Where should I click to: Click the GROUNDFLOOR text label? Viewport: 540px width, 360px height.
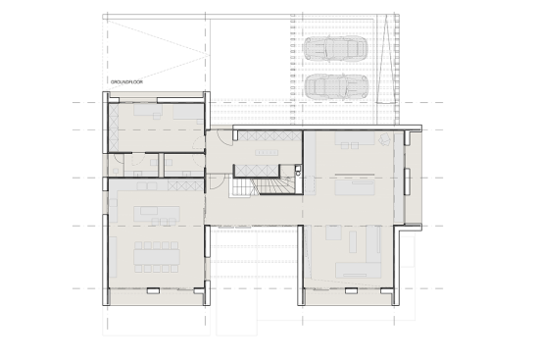point(126,82)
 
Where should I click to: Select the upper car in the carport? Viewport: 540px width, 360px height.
point(335,48)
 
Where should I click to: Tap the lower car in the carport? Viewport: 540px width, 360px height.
point(337,86)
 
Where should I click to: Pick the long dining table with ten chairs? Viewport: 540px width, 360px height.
point(157,257)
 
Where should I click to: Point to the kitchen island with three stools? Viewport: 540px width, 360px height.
point(157,216)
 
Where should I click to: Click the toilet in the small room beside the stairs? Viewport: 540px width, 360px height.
point(298,171)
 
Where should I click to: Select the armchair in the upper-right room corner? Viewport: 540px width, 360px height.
point(384,139)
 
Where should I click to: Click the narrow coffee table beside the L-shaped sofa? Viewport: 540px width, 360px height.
point(353,241)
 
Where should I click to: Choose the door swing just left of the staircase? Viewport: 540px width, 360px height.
point(218,181)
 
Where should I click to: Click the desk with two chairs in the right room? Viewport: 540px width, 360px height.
point(355,140)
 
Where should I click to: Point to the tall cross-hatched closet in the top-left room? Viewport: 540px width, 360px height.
point(114,128)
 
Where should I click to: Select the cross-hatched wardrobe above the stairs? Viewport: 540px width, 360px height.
point(257,171)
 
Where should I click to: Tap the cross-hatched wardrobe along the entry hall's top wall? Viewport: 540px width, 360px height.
point(270,135)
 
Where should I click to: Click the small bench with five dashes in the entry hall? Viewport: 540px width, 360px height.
point(267,152)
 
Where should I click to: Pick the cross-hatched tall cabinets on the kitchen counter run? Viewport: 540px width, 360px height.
point(185,185)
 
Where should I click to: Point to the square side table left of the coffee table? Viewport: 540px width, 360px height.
point(333,232)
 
